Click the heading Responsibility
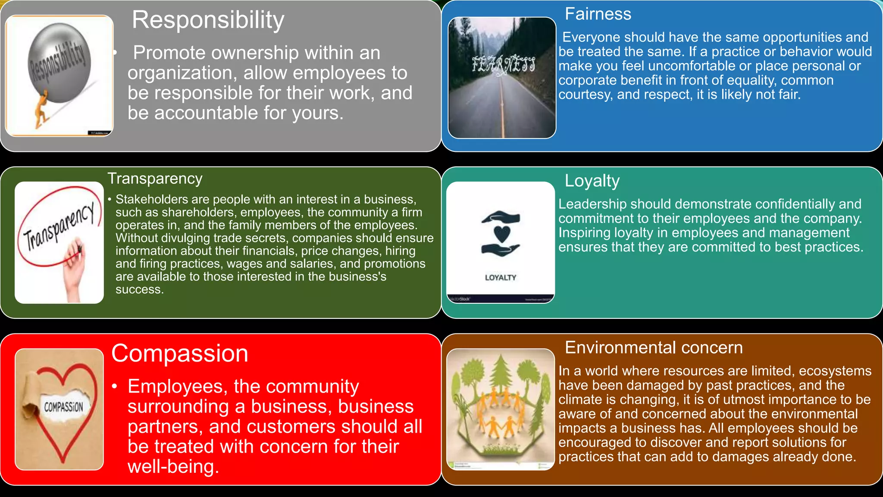(208, 20)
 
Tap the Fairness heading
(598, 14)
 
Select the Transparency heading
(155, 179)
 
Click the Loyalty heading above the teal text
(592, 181)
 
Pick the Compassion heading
(179, 354)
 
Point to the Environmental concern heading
(654, 348)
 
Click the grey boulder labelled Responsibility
(59, 63)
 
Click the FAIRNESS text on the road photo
(503, 65)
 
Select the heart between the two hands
(501, 233)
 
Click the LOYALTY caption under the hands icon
(500, 278)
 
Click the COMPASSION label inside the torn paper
(63, 407)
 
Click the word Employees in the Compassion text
(177, 387)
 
